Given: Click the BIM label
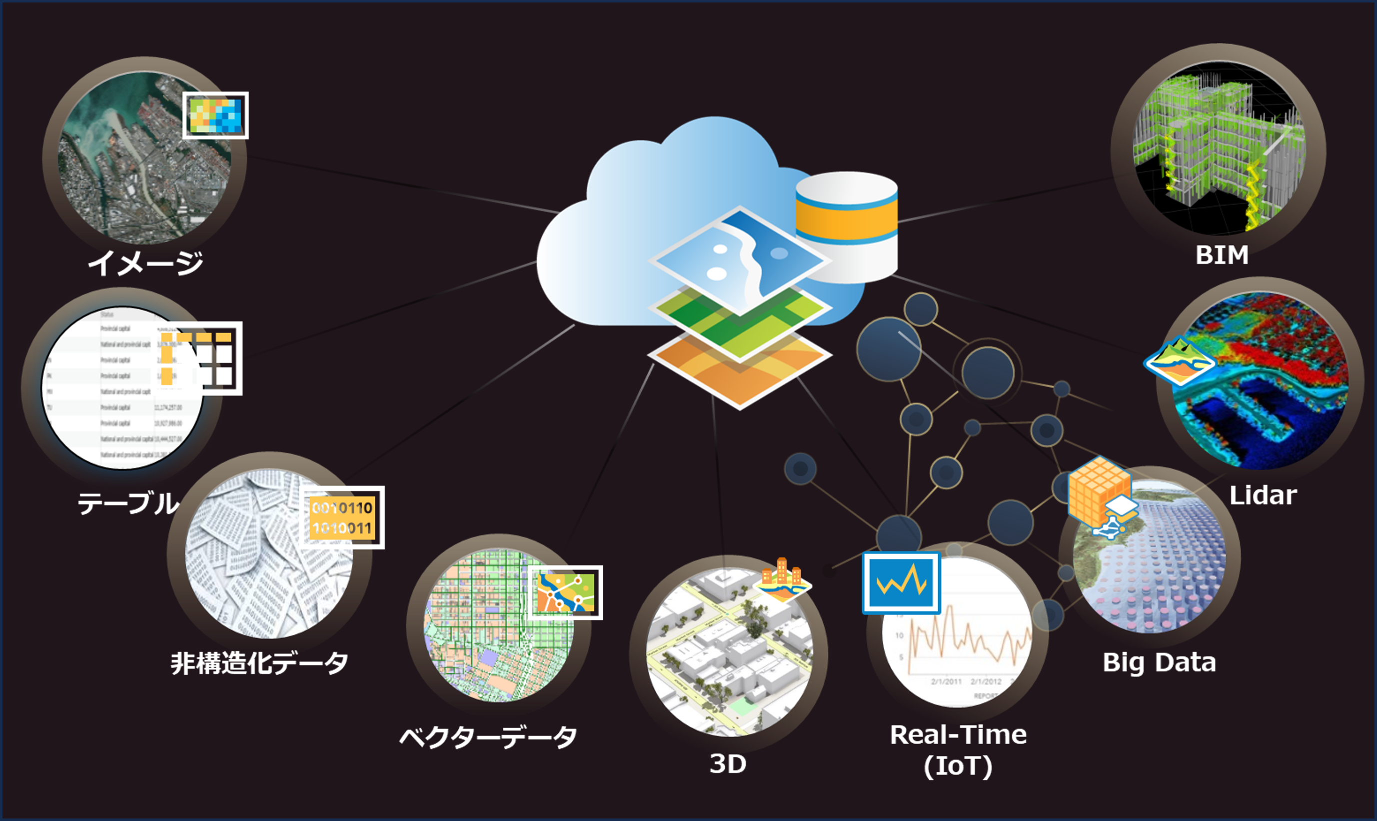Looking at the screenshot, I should click(x=1222, y=255).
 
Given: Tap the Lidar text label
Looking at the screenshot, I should click(x=1263, y=495).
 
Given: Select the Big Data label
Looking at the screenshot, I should click(x=1159, y=662).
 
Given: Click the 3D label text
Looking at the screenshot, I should click(x=728, y=763).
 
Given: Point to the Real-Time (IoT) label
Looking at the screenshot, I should click(x=958, y=749).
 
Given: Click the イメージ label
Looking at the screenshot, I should click(x=146, y=263).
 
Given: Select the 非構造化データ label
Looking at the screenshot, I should click(x=259, y=663).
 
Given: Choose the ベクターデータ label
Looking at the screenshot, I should click(x=488, y=737).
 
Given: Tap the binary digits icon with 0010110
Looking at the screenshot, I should click(x=342, y=517).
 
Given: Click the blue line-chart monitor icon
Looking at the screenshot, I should click(x=901, y=583).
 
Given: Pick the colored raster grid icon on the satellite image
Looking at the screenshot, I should click(x=215, y=115).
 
